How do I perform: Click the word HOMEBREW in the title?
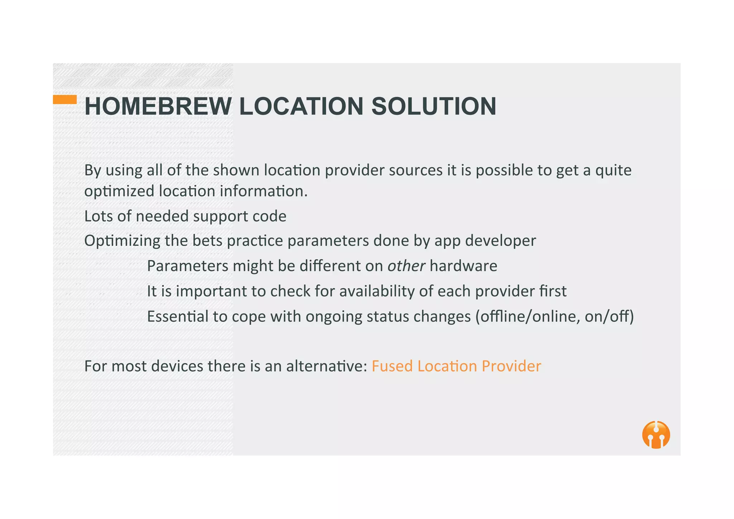click(158, 106)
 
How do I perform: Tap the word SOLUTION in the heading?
click(434, 106)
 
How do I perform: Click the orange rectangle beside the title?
click(65, 99)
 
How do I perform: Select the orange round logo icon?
click(656, 434)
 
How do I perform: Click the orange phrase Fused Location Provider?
click(456, 366)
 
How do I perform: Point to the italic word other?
click(406, 266)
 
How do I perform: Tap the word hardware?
click(463, 266)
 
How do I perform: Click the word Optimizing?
click(122, 241)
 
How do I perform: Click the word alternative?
click(327, 366)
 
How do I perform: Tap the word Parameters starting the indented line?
click(188, 266)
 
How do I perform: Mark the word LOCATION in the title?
click(301, 106)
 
